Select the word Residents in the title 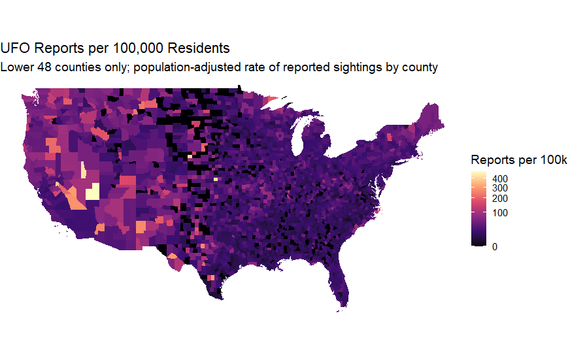(199, 48)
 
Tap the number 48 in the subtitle (45, 67)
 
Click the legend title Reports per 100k (519, 159)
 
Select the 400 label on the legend (500, 178)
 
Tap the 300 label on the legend (500, 188)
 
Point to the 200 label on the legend (500, 199)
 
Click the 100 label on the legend (500, 213)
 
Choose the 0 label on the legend (495, 246)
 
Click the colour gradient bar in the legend (478, 208)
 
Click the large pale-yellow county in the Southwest (92, 192)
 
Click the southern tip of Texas (218, 298)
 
